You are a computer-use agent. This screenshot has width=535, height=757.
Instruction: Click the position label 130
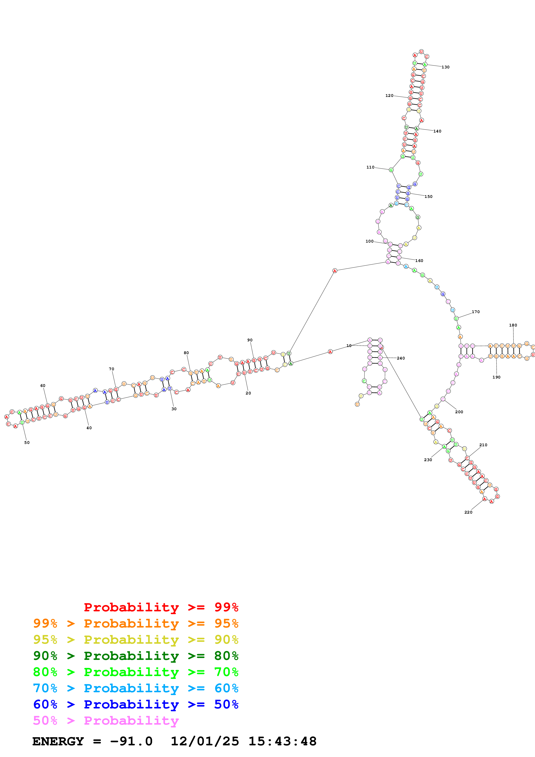pos(445,67)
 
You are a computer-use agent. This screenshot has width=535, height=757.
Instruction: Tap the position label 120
pos(389,96)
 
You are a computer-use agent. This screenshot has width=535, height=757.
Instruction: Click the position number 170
pos(475,312)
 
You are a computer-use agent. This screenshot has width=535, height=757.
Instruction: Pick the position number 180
pos(513,325)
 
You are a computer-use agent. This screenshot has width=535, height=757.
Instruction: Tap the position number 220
pos(468,512)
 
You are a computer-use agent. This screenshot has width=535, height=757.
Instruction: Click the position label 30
pos(174,409)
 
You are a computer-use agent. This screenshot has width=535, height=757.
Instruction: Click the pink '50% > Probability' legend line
pos(106,721)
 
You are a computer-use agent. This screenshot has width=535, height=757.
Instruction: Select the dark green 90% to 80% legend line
pos(136,656)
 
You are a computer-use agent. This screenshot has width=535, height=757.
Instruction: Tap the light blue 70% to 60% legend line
pos(136,688)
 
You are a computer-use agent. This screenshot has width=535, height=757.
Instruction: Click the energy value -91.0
pos(131,741)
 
